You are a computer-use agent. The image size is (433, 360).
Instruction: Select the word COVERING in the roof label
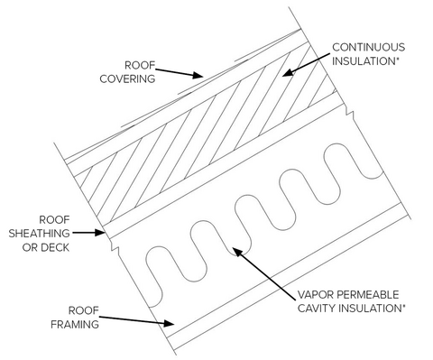click(x=135, y=78)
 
